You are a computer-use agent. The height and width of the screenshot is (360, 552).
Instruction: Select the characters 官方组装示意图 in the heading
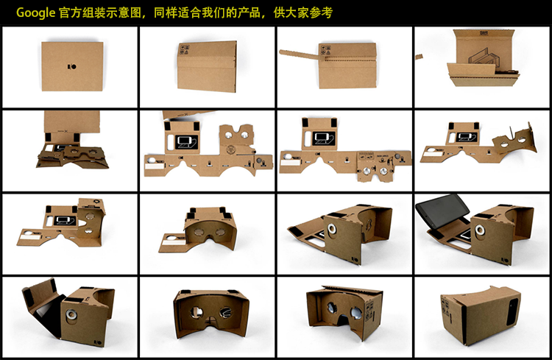click(99, 13)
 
